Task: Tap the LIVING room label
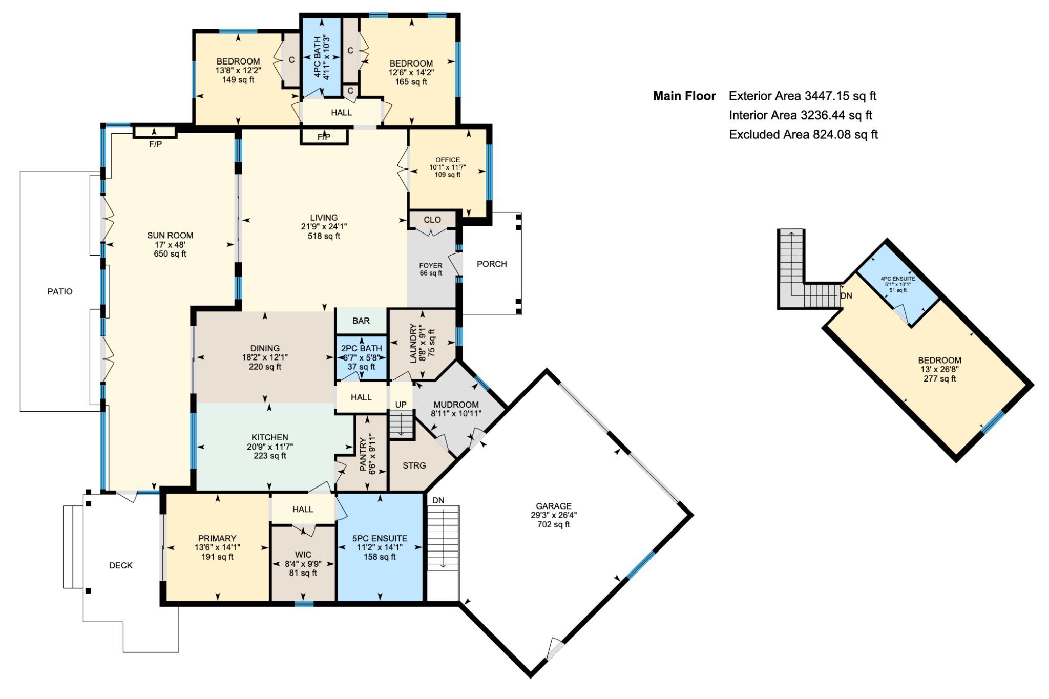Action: tap(324, 218)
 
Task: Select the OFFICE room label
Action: tap(448, 160)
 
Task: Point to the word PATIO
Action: tap(60, 291)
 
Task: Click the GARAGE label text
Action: tap(553, 506)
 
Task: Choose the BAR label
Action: tap(361, 321)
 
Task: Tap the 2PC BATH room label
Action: tap(362, 348)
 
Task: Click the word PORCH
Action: tap(492, 264)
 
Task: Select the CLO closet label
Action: tap(432, 220)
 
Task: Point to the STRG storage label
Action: tap(414, 465)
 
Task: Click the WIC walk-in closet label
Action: tap(303, 555)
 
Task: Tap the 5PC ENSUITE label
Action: tap(380, 538)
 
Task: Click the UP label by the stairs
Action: tap(401, 405)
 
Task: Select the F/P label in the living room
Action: tap(324, 137)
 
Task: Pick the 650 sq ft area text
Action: tap(170, 254)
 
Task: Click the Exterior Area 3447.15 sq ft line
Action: tap(803, 96)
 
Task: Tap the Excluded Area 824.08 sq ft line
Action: tap(803, 134)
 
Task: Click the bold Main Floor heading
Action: tap(684, 96)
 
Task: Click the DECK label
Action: tap(121, 565)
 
